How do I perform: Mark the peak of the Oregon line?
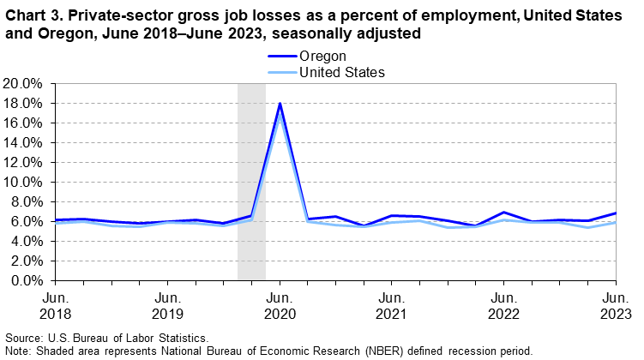(x=279, y=104)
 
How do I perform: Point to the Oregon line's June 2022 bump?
(x=503, y=213)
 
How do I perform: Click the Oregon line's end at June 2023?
(x=616, y=213)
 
